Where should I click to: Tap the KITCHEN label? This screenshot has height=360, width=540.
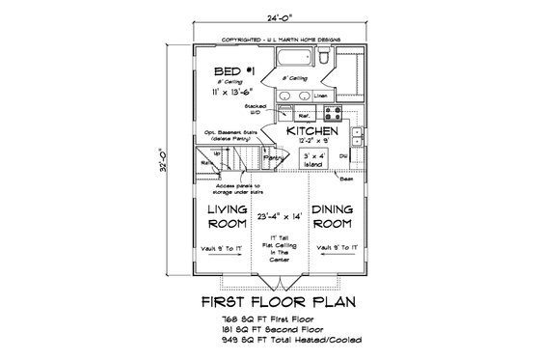point(310,129)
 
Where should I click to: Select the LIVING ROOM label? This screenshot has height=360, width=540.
point(228,214)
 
